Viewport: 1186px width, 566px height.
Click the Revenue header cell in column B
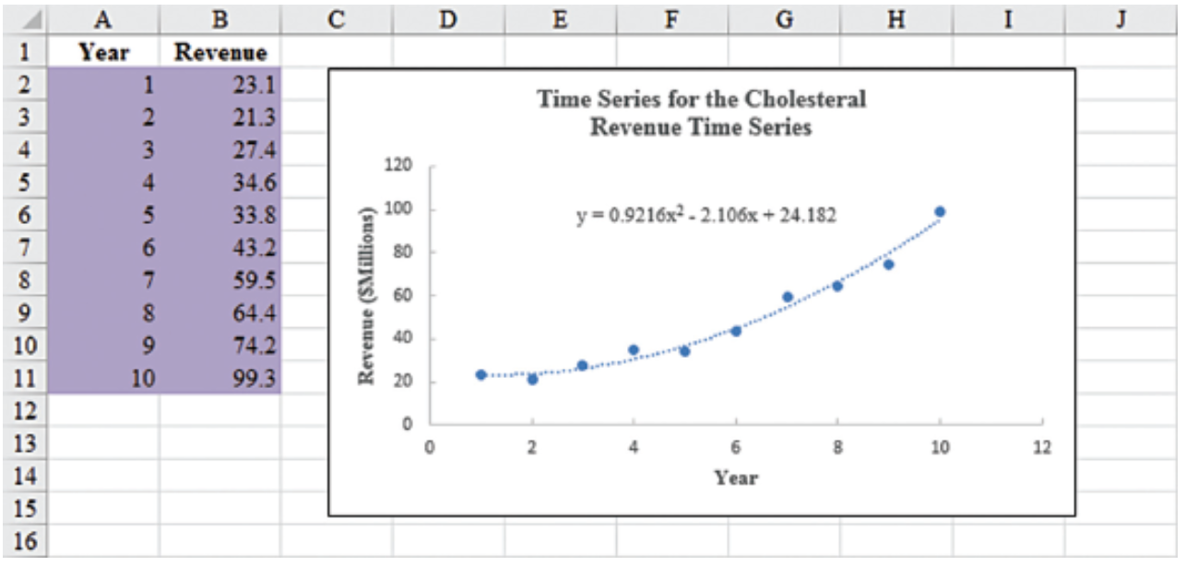point(220,53)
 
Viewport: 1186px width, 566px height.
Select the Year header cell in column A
point(103,53)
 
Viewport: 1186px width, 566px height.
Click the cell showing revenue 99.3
point(220,378)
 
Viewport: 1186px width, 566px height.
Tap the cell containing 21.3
point(220,118)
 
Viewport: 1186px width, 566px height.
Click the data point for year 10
point(940,212)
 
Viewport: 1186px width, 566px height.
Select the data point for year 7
point(787,297)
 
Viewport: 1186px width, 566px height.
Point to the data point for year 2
point(532,379)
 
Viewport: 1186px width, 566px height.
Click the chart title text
point(701,112)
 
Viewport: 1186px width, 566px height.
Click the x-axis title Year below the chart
point(735,478)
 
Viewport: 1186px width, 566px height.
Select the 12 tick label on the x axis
point(1041,448)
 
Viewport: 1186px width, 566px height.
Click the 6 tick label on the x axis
point(736,448)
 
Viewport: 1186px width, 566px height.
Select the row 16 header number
point(24,541)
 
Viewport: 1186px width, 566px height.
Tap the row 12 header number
point(24,411)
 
